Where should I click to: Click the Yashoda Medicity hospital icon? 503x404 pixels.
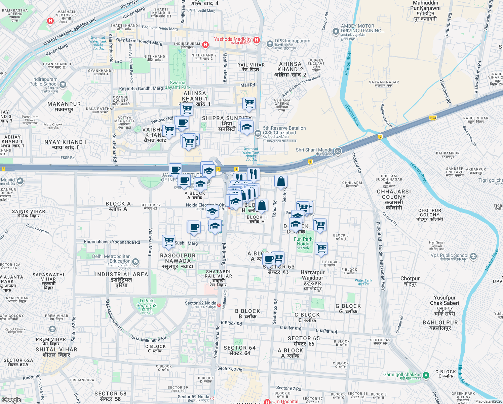click(x=257, y=40)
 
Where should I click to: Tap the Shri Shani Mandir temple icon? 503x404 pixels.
click(x=338, y=151)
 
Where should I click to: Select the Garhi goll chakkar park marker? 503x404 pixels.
click(x=426, y=375)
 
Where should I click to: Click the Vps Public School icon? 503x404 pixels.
click(x=473, y=256)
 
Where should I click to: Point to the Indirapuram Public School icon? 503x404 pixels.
click(x=63, y=85)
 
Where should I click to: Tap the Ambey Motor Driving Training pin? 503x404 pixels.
click(x=336, y=32)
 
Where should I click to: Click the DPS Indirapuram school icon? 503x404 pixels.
click(x=270, y=44)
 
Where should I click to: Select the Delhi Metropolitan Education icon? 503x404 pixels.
click(x=135, y=262)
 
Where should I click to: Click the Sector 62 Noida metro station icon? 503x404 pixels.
click(x=219, y=305)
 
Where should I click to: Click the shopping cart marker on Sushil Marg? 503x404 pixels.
click(x=168, y=241)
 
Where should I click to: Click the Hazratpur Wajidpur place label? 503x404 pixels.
click(x=313, y=280)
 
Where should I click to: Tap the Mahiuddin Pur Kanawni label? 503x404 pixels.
click(x=425, y=11)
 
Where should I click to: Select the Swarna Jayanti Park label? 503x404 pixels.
click(x=178, y=85)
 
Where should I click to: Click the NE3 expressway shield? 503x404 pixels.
click(x=433, y=118)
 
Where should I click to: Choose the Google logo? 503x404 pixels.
click(x=11, y=400)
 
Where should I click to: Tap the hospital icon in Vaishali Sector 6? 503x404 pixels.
click(x=50, y=21)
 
